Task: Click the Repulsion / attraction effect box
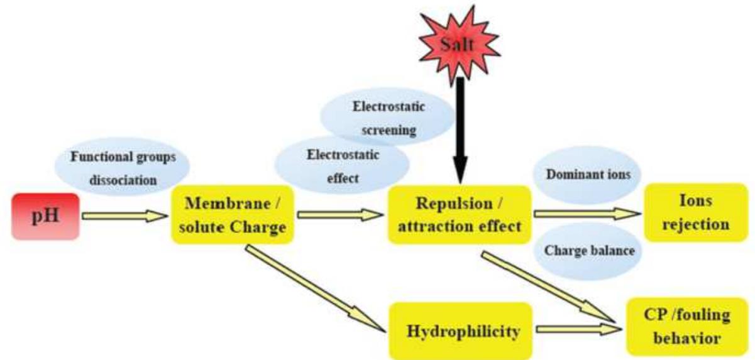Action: coord(460,215)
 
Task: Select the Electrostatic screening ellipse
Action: coord(388,118)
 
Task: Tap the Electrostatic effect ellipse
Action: coord(343,166)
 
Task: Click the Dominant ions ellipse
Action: coord(586,175)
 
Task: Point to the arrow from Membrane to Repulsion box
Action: coord(340,215)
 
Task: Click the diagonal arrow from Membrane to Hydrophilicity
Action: coord(314,289)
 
